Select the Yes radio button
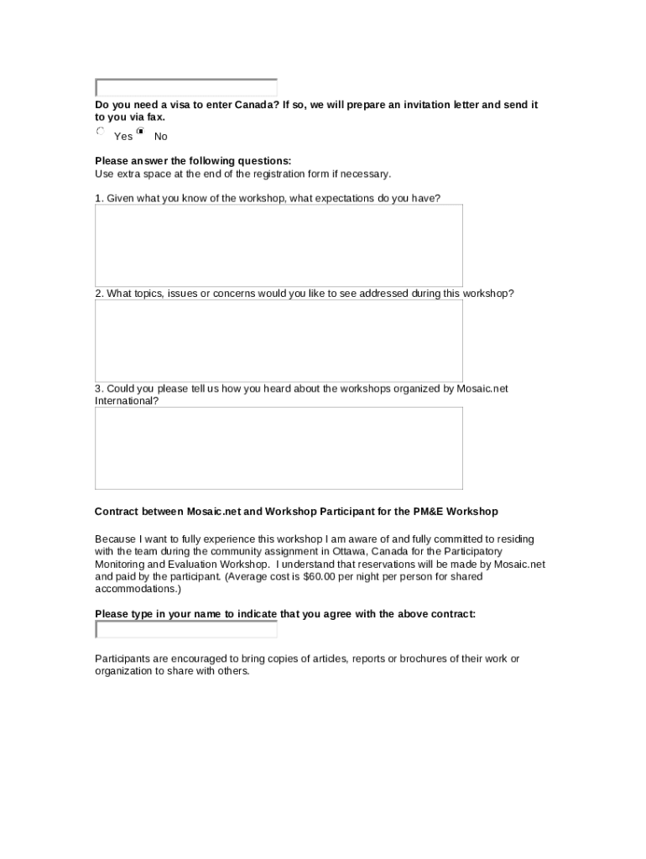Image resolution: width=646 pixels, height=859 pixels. [x=101, y=132]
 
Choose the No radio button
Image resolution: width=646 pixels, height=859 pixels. [x=140, y=132]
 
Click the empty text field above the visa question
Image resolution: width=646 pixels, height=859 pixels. [x=186, y=87]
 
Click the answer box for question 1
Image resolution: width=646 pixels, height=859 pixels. [x=279, y=245]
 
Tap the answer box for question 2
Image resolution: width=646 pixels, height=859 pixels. [x=279, y=341]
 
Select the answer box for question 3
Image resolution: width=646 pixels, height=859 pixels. [x=279, y=448]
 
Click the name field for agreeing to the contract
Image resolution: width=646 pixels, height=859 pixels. [x=186, y=629]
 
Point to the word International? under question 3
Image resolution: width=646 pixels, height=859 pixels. [x=126, y=401]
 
